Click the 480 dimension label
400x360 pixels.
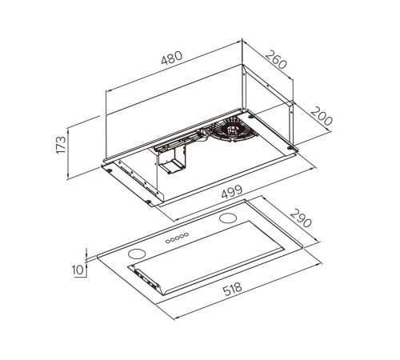point(172,58)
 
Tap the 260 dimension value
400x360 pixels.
point(276,59)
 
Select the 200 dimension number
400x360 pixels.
point(322,116)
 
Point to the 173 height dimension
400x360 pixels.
point(61,145)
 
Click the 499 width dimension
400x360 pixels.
point(232,191)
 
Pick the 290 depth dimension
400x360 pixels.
point(301,218)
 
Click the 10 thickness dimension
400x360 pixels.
point(78,270)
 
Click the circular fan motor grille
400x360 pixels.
point(233,130)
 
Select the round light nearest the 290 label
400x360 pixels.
point(228,218)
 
